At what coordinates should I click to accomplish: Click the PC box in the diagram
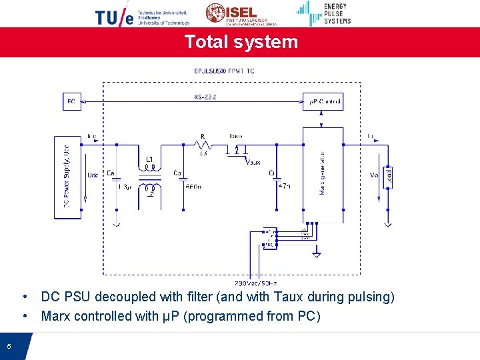pyautogui.click(x=71, y=102)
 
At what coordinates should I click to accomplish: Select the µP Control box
pyautogui.click(x=323, y=102)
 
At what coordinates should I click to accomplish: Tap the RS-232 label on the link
pyautogui.click(x=205, y=97)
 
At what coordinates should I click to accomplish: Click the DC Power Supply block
pyautogui.click(x=67, y=177)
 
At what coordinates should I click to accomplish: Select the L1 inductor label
pyautogui.click(x=149, y=159)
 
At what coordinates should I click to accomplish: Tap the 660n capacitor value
pyautogui.click(x=193, y=187)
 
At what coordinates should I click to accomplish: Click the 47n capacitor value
pyautogui.click(x=284, y=187)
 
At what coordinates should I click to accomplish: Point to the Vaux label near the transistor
pyautogui.click(x=253, y=161)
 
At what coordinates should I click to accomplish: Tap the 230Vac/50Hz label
pyautogui.click(x=252, y=283)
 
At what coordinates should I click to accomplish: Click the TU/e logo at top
pyautogui.click(x=115, y=17)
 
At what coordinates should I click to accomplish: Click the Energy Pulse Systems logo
pyautogui.click(x=324, y=13)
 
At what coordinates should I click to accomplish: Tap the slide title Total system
pyautogui.click(x=241, y=41)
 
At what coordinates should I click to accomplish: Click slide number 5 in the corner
pyautogui.click(x=9, y=346)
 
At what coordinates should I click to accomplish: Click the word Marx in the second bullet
pyautogui.click(x=56, y=316)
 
